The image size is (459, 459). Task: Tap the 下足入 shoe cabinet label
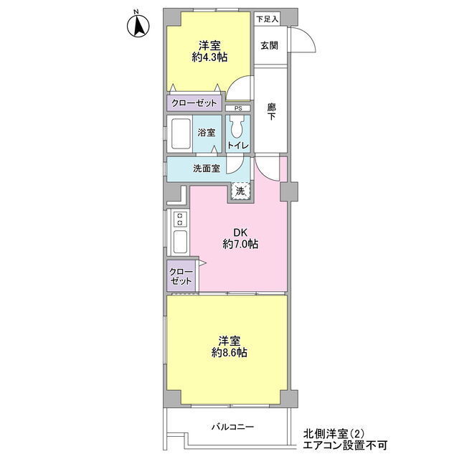pos(267,19)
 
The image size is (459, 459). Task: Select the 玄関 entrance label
pos(269,46)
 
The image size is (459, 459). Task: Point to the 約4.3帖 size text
pos(209,57)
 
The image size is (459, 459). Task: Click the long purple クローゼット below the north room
pos(194,103)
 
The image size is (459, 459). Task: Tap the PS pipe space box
pos(238,108)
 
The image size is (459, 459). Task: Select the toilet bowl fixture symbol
pos(237,126)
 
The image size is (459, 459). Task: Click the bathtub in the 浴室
pos(181,134)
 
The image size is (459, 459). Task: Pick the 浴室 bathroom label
pos(206,133)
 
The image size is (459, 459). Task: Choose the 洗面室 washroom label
pos(207,169)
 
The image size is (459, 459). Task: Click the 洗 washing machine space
pos(240,191)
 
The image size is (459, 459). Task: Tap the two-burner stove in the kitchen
pos(180,219)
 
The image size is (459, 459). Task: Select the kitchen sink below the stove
pos(180,242)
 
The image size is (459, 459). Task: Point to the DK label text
pos(240,232)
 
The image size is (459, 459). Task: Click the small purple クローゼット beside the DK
pos(181,275)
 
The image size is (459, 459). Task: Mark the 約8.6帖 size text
pos(229,353)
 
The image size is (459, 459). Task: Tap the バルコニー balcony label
pos(232,427)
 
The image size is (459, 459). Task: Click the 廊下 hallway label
pos(271,112)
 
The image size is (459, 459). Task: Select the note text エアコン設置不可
pos(345,445)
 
